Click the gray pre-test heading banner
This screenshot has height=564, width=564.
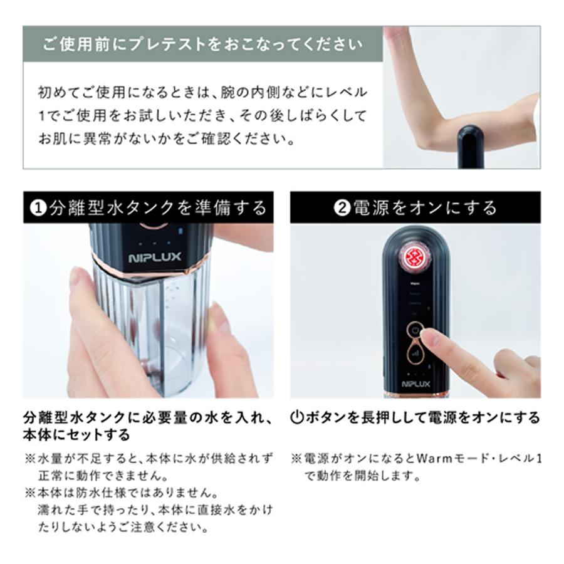[202, 44]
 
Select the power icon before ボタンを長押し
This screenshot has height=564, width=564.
[297, 417]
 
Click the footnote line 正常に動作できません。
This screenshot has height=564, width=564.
[102, 475]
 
